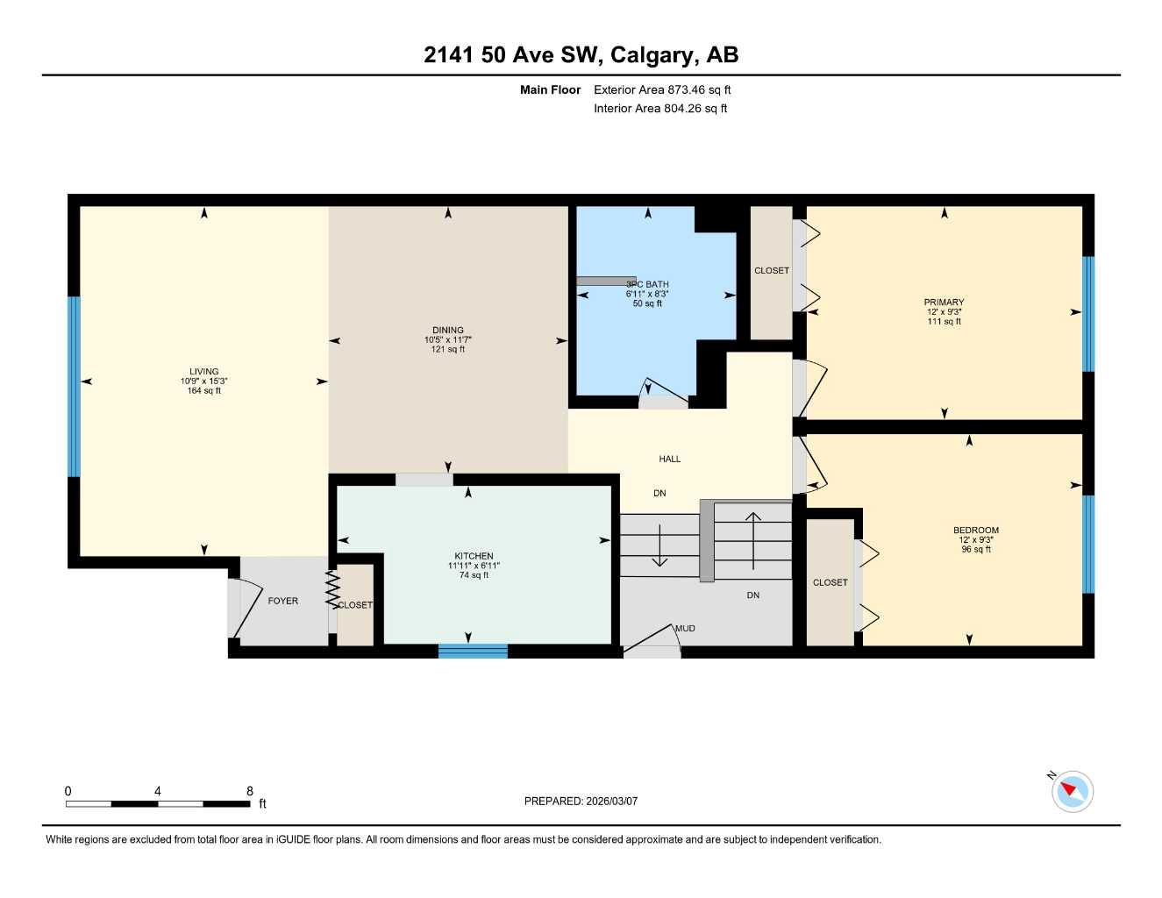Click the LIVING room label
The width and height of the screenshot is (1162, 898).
203,372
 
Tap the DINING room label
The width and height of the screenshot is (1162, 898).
447,331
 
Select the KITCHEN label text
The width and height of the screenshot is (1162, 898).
474,556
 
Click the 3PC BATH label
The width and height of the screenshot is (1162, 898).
647,284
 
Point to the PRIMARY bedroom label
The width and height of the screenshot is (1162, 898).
944,303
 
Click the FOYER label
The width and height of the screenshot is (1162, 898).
282,601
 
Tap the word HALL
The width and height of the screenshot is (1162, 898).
669,459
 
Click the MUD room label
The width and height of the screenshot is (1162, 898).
685,628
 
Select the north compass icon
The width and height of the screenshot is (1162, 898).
1072,791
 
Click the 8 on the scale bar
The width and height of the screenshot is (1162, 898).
249,791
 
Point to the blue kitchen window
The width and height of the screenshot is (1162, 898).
473,651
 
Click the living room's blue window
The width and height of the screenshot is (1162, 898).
74,387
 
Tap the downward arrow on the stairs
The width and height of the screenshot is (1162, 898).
659,549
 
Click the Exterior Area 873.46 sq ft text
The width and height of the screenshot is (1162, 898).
662,89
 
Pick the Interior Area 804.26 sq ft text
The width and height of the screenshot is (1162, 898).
660,109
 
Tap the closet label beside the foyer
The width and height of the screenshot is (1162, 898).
355,605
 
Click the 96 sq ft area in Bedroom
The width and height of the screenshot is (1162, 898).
976,550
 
